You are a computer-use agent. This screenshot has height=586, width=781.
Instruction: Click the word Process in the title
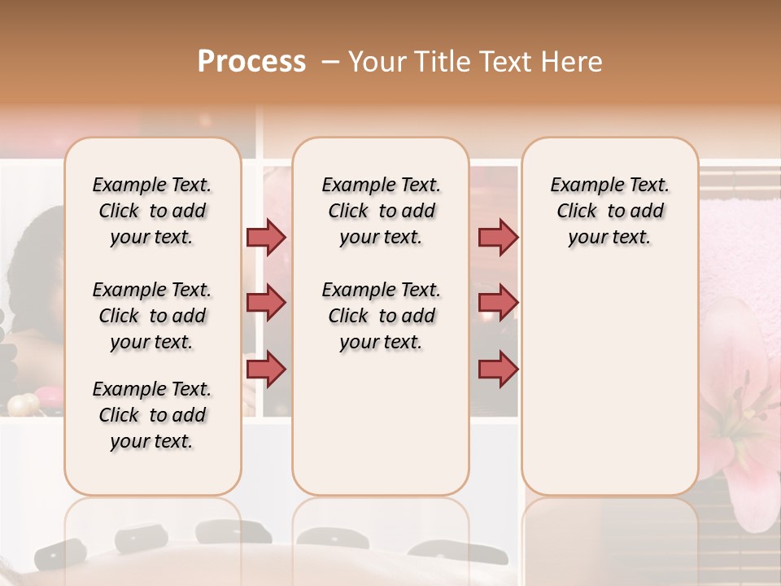[x=251, y=62]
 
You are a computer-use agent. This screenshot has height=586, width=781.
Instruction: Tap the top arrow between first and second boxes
[x=266, y=237]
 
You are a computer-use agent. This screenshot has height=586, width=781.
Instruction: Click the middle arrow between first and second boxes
[x=266, y=303]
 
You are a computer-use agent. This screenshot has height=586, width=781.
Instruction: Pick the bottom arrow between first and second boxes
[x=266, y=369]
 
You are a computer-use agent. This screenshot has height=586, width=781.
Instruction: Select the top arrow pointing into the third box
[x=498, y=237]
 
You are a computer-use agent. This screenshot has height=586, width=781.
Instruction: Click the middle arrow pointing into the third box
[x=498, y=303]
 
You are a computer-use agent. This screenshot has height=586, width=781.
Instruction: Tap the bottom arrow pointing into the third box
[x=498, y=369]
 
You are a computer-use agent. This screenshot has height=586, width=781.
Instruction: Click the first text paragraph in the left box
[x=152, y=211]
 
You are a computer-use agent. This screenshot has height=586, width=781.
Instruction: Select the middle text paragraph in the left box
[x=152, y=316]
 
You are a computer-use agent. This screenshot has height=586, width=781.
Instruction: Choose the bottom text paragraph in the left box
[x=152, y=415]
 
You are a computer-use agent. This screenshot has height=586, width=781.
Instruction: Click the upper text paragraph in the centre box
[x=381, y=211]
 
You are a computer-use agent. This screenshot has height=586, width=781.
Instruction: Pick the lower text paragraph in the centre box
[x=381, y=316]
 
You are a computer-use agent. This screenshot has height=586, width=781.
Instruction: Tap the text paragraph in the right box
[x=609, y=211]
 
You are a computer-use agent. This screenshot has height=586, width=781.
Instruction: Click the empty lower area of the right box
[x=609, y=374]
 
